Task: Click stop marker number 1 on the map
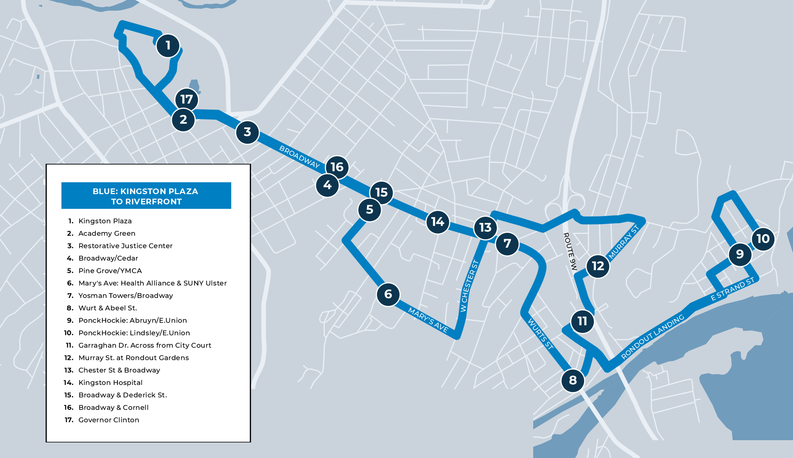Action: pos(168,46)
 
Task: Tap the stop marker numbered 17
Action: pos(187,99)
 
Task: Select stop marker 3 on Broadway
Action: pos(247,132)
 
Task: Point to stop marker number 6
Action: pos(388,294)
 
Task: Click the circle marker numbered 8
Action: pos(573,380)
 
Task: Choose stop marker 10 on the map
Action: pos(763,239)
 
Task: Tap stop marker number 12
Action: pos(598,266)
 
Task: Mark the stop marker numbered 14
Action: pos(438,222)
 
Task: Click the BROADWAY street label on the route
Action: pos(300,157)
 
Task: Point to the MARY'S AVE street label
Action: pos(428,320)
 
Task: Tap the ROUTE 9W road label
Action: pos(570,251)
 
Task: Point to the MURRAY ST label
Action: pos(624,242)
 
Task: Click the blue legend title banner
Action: pos(146,196)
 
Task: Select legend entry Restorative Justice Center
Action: pos(125,246)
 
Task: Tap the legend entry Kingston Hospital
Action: pos(110,383)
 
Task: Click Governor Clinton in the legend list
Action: pos(108,420)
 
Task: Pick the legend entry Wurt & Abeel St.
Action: pos(107,308)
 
